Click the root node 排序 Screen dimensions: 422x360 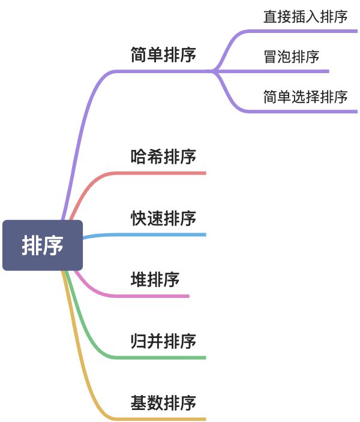[43, 245]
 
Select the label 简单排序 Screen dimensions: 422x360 [163, 55]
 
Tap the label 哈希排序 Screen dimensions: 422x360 [163, 157]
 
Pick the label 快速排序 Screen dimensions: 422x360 [163, 218]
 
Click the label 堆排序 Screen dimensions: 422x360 [155, 280]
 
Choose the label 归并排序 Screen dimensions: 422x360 [163, 341]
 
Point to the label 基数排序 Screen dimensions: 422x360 [163, 402]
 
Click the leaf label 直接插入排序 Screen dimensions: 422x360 [305, 16]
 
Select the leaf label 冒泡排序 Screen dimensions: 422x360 [291, 57]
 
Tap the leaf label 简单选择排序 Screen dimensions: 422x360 [305, 97]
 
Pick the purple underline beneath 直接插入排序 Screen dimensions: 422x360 [305, 31]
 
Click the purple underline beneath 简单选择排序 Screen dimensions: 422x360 [305, 111]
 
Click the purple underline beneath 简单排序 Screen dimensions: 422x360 [162, 71]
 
